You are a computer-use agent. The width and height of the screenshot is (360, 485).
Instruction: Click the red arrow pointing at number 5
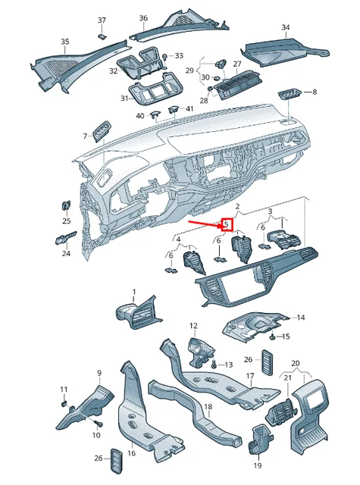tap(205, 224)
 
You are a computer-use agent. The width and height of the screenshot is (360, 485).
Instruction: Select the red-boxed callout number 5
tap(227, 224)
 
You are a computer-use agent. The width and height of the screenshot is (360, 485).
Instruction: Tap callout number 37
tap(102, 20)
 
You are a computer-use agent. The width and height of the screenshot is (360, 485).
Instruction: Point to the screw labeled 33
tap(165, 58)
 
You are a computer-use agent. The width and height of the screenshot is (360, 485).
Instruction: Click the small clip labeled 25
tap(66, 205)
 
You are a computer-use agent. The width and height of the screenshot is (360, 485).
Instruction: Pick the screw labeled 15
tap(273, 336)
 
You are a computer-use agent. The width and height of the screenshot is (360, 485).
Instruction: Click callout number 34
tap(286, 27)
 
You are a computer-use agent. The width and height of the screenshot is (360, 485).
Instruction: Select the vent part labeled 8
tap(290, 94)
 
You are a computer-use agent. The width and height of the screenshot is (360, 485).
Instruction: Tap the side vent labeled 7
tap(102, 131)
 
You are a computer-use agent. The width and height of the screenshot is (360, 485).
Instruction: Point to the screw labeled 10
tap(99, 423)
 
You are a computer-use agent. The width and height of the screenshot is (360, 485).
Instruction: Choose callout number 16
tap(131, 453)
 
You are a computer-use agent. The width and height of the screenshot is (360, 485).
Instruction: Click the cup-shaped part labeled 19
tap(258, 439)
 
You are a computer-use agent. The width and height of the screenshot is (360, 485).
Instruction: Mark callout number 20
tap(296, 363)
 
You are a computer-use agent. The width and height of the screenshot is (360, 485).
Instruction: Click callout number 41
tap(189, 108)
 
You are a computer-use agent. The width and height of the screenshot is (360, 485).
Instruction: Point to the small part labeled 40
tap(155, 114)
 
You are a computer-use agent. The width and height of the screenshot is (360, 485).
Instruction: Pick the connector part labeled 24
tap(66, 238)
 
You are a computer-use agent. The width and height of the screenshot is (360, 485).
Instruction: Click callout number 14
tap(301, 318)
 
